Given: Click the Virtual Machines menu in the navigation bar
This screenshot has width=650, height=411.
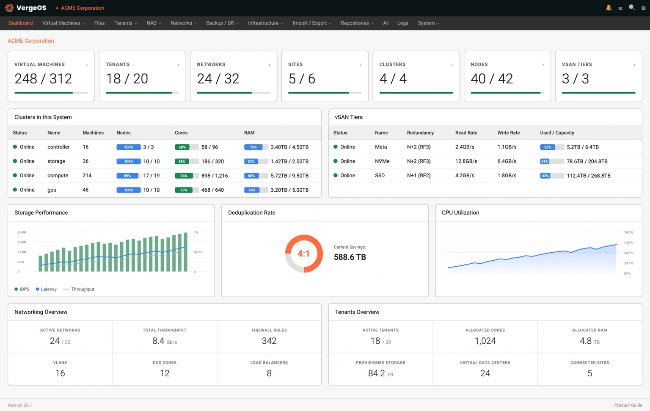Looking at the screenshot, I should pos(63,23).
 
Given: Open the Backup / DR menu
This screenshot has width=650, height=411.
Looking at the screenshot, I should pos(222,23).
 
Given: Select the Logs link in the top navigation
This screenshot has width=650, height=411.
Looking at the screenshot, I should pos(402,23).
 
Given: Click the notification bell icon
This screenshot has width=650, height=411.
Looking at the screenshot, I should pos(609,8).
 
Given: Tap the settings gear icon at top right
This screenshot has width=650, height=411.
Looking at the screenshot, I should pos(643,8).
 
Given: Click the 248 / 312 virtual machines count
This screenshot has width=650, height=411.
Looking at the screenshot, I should pos(43,79).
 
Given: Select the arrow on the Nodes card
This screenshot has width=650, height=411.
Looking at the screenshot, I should pos(543,65).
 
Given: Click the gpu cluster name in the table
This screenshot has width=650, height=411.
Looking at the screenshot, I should pos(52,190).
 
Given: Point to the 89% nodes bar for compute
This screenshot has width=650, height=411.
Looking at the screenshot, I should pos(128,176).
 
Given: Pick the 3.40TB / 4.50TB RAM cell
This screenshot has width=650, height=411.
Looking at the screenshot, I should pos(289,147).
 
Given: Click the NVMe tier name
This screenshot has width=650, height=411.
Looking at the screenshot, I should pos(382,161).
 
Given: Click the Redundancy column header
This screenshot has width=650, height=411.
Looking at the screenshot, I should pos(420,133).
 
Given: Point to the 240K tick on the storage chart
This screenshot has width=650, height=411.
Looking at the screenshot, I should pos(22,232).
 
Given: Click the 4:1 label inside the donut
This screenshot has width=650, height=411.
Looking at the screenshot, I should pos(303,254).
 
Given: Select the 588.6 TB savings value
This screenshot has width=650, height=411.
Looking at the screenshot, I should pos(350,257).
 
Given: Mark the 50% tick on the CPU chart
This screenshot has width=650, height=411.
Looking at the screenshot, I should pos(628,232).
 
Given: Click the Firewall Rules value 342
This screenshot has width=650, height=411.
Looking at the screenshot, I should pos(269,341).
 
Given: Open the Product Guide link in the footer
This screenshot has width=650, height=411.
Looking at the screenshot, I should pos(628,405).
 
